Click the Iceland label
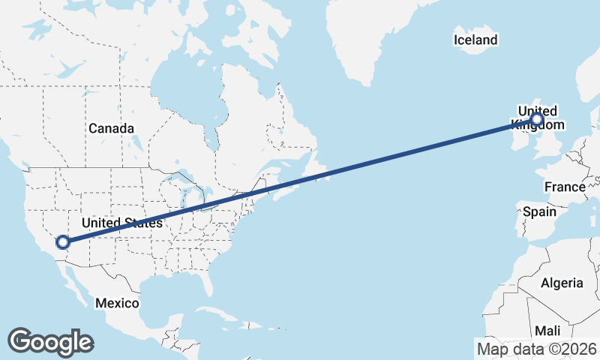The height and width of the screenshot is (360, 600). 475,40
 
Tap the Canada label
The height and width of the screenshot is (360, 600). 111,128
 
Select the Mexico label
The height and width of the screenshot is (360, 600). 117,303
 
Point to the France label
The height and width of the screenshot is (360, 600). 565,187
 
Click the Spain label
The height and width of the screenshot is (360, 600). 539,211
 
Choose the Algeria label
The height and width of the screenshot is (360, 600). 562,283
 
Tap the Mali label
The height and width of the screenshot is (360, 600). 547,331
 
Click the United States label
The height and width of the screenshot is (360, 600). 121,223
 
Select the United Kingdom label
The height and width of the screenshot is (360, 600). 537,118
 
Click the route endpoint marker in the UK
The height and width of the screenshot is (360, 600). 537,118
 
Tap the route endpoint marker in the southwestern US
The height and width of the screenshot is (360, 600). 63,241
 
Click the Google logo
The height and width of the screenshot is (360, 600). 50,341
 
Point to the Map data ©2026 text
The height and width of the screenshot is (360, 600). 537,349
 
